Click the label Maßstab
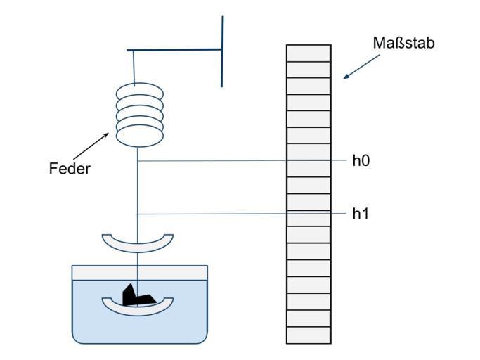point(403,43)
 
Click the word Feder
point(70,169)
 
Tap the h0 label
point(361,160)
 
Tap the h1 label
point(361,214)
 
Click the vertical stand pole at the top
point(222,51)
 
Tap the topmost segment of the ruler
point(308,53)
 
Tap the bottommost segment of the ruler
point(308,335)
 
